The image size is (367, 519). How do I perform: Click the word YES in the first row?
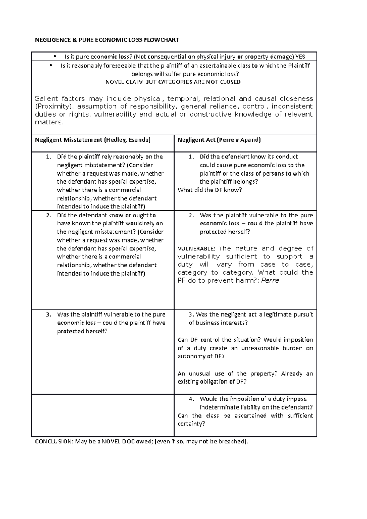[300, 57]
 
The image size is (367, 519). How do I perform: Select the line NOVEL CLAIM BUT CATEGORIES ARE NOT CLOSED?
[173, 82]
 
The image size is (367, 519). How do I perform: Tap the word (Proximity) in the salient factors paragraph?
[54, 106]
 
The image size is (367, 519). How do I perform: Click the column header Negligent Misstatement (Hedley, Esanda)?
[93, 140]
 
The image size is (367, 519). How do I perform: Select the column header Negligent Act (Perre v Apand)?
[219, 140]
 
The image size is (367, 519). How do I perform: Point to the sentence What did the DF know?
[209, 190]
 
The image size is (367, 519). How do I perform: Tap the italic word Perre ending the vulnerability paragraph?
[270, 280]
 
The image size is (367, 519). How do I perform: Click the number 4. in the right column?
[191, 399]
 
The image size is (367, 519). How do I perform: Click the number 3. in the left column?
[48, 314]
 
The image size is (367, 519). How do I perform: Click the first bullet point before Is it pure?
[55, 56]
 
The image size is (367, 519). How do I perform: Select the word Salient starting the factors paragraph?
[46, 98]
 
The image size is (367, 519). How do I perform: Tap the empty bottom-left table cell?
[103, 415]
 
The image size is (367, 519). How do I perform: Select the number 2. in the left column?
[48, 215]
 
